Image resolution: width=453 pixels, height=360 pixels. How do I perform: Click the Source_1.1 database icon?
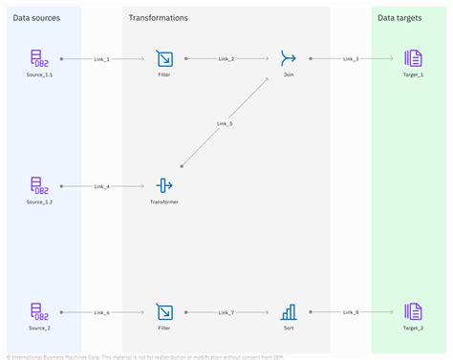[x=39, y=59]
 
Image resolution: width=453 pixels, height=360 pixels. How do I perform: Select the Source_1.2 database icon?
[x=39, y=185]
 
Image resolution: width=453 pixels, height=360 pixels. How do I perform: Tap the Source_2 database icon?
[x=39, y=311]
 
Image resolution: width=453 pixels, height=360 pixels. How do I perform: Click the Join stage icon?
[x=289, y=59]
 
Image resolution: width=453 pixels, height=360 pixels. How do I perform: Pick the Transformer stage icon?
[x=163, y=185]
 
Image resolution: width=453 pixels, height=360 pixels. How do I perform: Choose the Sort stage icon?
[x=289, y=311]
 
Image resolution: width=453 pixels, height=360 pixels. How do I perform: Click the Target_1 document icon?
[x=413, y=59]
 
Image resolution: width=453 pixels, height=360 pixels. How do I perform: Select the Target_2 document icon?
[x=413, y=311]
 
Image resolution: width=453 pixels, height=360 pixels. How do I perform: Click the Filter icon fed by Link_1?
[x=163, y=59]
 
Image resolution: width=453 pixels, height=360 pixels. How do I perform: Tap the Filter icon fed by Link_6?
[x=163, y=311]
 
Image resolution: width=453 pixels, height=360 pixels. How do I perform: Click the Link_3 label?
[x=351, y=59]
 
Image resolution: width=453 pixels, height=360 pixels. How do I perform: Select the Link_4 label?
[x=101, y=185]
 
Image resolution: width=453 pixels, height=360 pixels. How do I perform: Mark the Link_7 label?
[x=226, y=312]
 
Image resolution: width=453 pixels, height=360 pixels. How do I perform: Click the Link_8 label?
[x=351, y=312]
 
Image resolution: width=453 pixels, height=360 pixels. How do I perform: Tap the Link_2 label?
[x=226, y=59]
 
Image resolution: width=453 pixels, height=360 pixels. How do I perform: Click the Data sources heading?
[x=36, y=18]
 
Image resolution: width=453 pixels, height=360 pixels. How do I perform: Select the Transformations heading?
[x=159, y=18]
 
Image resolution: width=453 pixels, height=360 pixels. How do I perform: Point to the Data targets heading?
[x=401, y=18]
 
